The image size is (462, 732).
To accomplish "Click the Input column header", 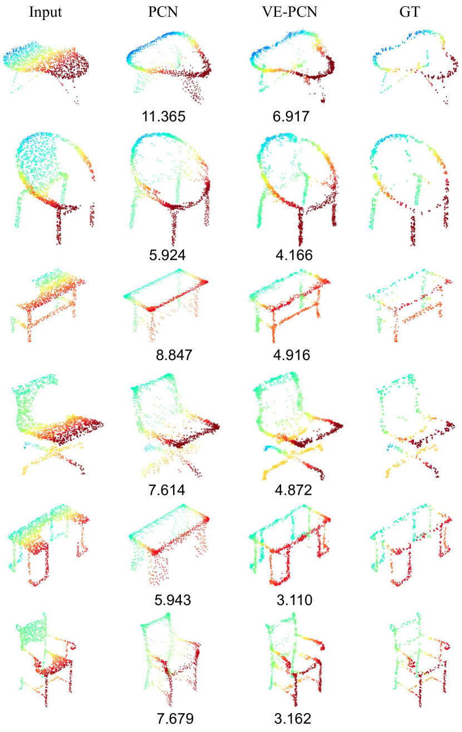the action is (x=46, y=12).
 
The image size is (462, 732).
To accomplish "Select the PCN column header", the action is (x=163, y=12).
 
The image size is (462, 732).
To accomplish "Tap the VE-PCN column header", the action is (x=289, y=12).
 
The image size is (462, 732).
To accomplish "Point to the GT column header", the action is (x=409, y=12).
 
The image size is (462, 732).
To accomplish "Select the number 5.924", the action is (x=168, y=255).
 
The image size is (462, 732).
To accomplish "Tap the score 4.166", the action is (x=294, y=255).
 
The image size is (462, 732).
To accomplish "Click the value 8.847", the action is (x=174, y=355).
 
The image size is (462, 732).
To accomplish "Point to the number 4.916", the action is (x=292, y=355).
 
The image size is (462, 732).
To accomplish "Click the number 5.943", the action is (x=173, y=600).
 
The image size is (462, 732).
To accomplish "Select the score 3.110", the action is (x=294, y=600).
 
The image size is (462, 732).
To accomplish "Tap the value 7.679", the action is (x=175, y=719).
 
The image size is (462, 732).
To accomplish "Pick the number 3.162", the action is (x=292, y=719).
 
